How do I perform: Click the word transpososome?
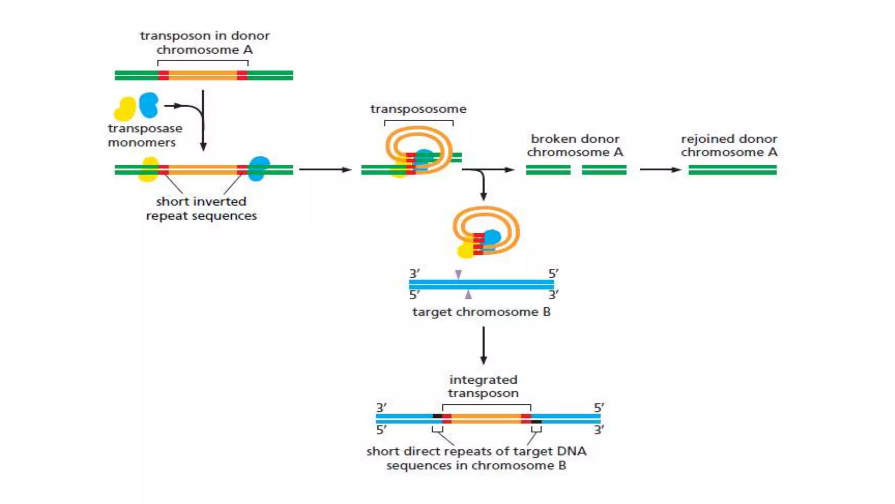point(418,109)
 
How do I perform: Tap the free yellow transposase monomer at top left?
point(125,109)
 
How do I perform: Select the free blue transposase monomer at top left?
point(149,105)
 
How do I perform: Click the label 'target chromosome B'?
point(481,312)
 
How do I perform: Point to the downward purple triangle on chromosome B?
point(458,274)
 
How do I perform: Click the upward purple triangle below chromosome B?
point(468,294)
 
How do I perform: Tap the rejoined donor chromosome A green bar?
point(732,170)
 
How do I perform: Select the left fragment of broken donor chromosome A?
point(548,170)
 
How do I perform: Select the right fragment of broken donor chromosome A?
point(604,170)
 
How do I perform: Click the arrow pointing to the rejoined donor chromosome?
point(660,170)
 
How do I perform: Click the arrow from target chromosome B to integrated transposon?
point(483,346)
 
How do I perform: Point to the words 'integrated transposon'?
point(483,386)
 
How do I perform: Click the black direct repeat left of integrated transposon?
point(437,416)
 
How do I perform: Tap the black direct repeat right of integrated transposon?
point(537,422)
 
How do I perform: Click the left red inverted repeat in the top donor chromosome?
point(163,75)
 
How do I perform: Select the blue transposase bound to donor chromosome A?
point(259,168)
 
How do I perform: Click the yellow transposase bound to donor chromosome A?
point(149,170)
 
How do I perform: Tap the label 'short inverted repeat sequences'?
point(201,208)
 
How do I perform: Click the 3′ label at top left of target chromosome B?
point(414,273)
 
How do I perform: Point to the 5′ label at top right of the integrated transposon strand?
point(599,408)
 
